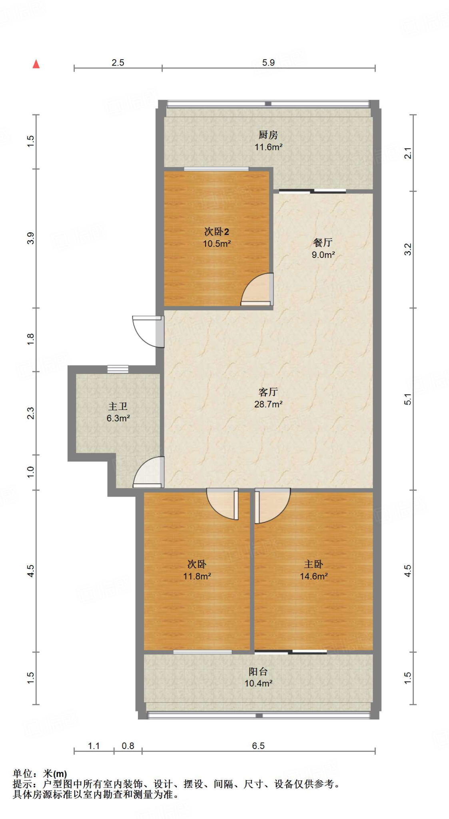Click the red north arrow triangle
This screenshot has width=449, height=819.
coord(36,64)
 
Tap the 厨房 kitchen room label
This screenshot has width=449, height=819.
coord(268,135)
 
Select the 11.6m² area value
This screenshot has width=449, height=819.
coord(268,147)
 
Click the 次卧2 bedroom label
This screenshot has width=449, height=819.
coord(216,232)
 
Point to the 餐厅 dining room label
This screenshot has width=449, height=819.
coord(323,243)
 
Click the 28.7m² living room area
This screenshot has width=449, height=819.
coord(268,404)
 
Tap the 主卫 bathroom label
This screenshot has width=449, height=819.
coord(118,407)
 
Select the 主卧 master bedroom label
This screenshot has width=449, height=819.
coord(313,564)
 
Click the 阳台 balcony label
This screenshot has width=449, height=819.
coord(258,671)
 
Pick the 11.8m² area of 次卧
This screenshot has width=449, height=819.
coord(197,576)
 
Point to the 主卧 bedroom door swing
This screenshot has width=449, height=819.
coord(272,505)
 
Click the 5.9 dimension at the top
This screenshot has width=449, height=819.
coord(268,63)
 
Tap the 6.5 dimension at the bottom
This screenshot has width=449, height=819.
coord(258,746)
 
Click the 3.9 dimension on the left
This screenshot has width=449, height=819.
coord(31,238)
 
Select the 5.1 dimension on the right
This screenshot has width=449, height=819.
coord(407,399)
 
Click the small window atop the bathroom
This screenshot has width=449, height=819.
coord(118,369)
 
